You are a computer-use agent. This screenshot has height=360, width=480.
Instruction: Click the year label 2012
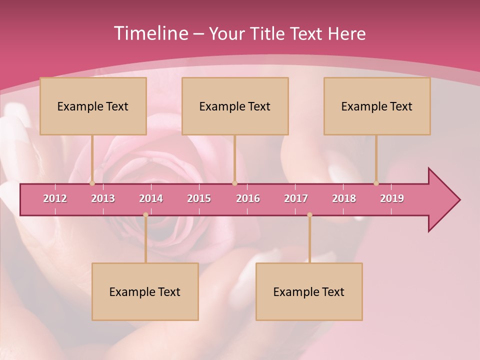click(55, 198)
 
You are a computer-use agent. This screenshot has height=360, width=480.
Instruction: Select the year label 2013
click(103, 198)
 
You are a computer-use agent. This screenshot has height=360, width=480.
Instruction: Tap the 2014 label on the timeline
click(151, 198)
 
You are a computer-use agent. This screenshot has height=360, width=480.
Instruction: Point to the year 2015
click(199, 198)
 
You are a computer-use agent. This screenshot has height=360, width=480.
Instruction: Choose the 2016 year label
click(248, 198)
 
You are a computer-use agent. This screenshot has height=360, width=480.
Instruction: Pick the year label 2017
click(296, 198)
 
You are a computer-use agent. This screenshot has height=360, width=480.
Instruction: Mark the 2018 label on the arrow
click(344, 198)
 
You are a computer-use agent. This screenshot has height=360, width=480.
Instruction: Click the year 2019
click(392, 198)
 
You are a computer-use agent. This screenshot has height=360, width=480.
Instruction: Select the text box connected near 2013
click(93, 106)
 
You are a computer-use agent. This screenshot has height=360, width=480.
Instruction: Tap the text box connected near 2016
click(235, 106)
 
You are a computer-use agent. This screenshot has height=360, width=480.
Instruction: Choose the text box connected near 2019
click(377, 106)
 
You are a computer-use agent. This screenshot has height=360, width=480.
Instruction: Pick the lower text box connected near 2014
click(145, 291)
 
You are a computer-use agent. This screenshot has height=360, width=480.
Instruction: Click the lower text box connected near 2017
click(309, 291)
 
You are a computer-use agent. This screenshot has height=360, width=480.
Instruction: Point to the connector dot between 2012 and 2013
click(92, 183)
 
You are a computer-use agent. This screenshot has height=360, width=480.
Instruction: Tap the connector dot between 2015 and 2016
click(234, 183)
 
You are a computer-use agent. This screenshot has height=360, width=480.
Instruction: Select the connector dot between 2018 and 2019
click(376, 183)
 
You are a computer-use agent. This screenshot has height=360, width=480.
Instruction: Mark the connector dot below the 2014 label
click(145, 215)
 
